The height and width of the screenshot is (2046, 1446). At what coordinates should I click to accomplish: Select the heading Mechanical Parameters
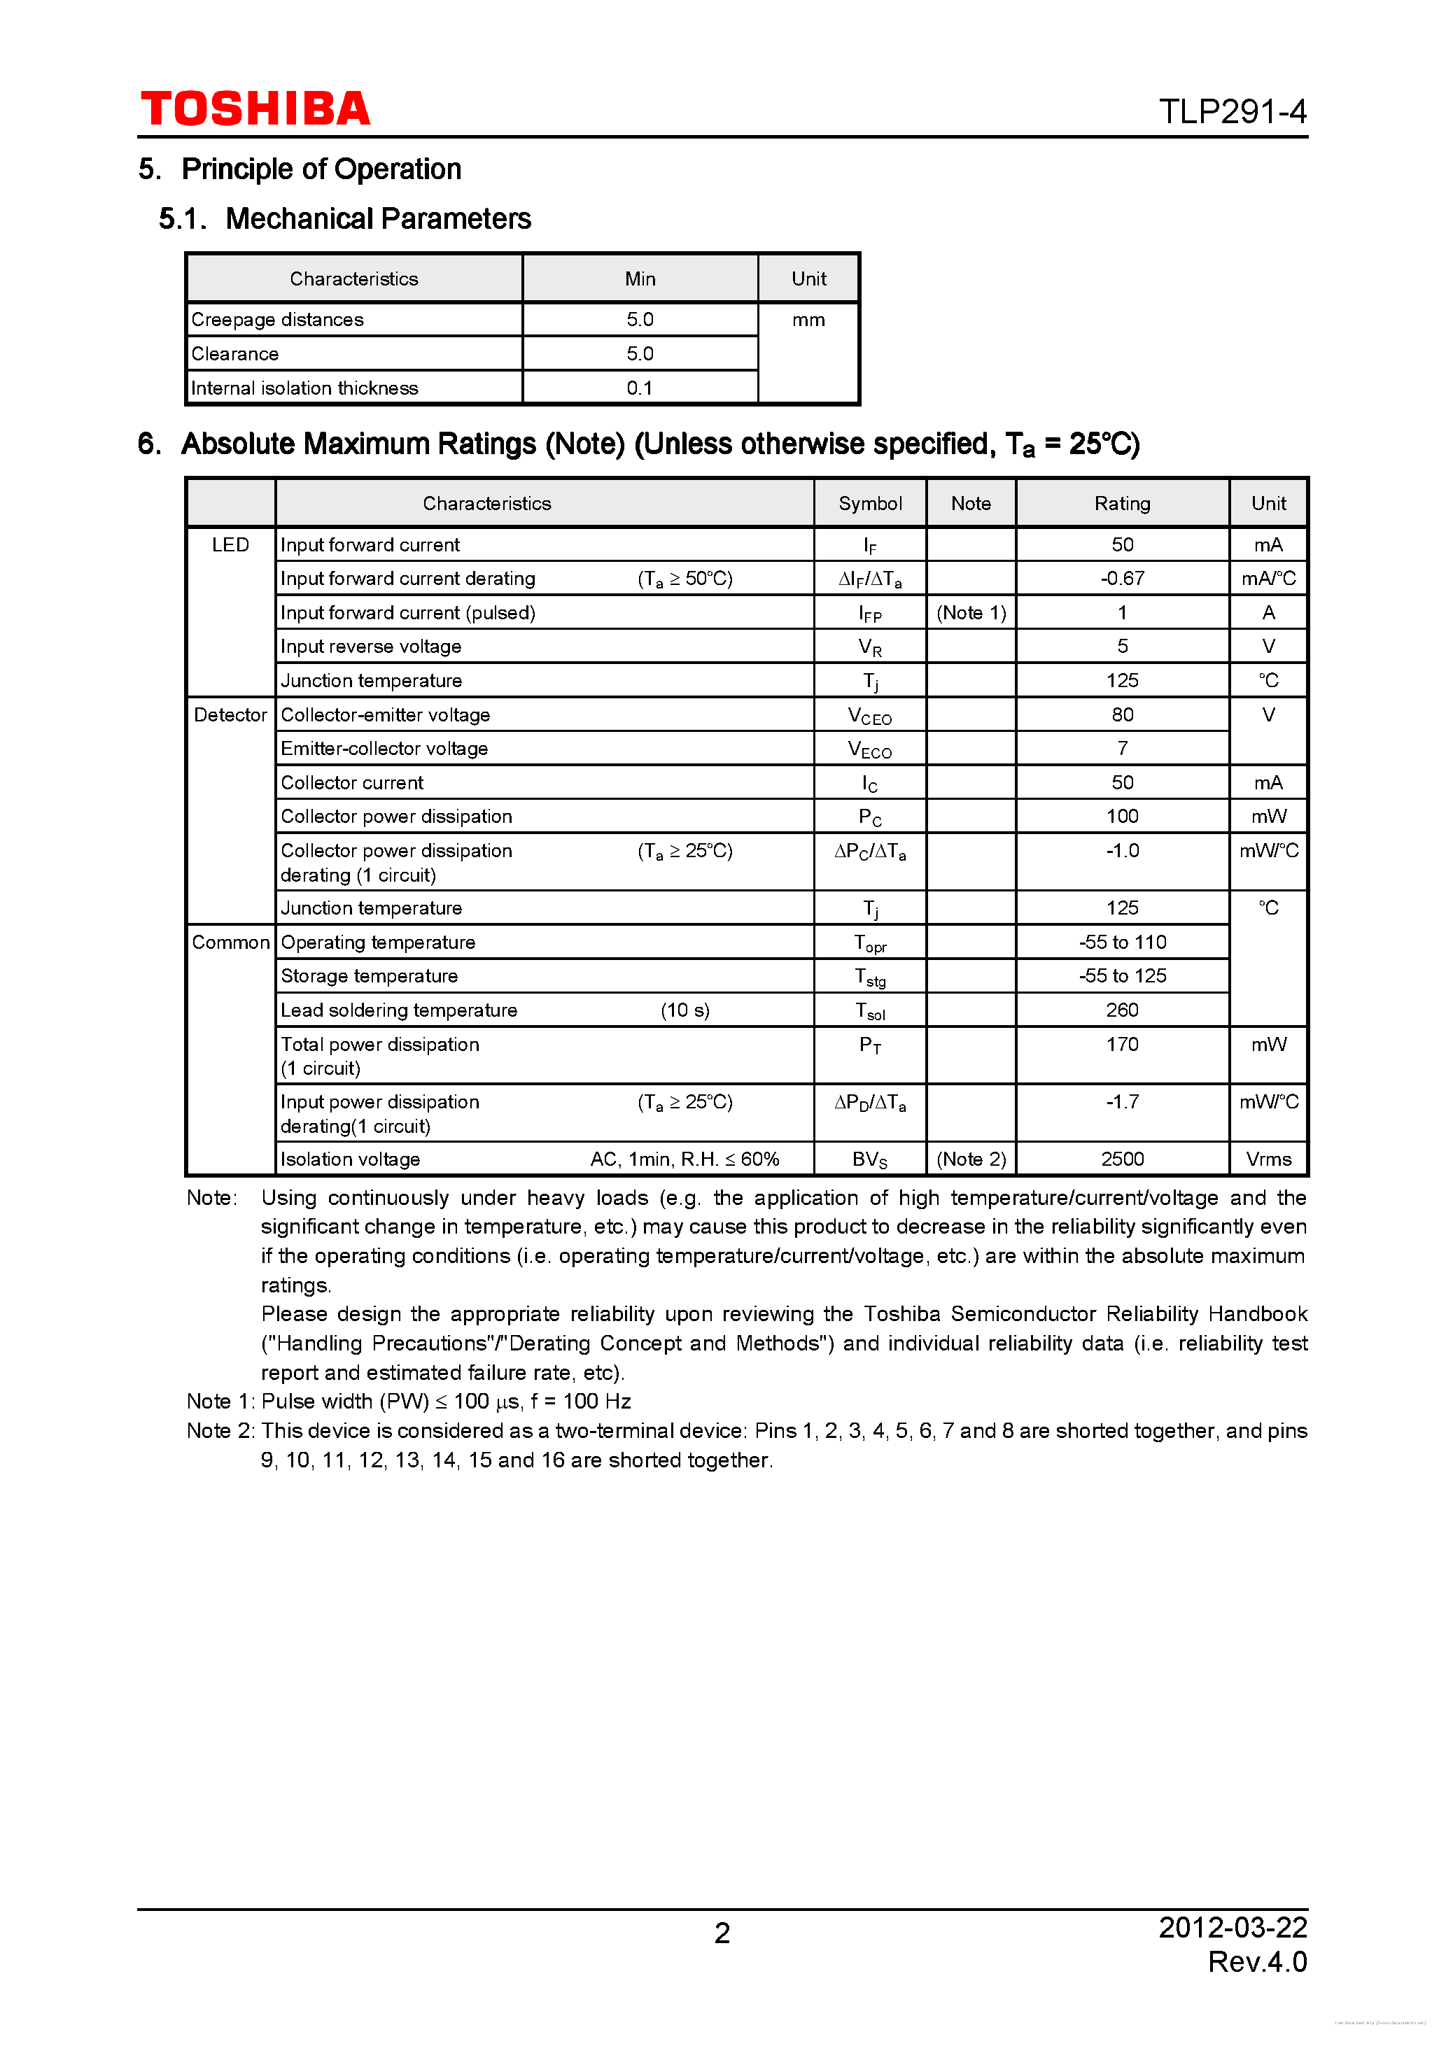click(378, 218)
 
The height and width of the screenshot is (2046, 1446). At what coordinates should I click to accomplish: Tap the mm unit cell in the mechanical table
click(808, 320)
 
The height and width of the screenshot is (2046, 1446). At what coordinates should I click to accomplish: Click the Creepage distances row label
click(277, 320)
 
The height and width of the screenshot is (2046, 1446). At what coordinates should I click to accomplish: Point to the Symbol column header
click(869, 504)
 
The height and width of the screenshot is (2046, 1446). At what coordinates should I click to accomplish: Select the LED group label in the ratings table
click(230, 544)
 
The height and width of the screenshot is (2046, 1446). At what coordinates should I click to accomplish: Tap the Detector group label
click(230, 714)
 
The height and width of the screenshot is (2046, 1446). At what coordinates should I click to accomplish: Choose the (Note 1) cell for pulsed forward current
click(970, 613)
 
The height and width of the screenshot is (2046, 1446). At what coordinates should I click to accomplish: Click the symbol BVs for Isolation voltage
click(869, 1159)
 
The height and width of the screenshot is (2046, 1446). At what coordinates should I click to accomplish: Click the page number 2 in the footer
click(722, 1933)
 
